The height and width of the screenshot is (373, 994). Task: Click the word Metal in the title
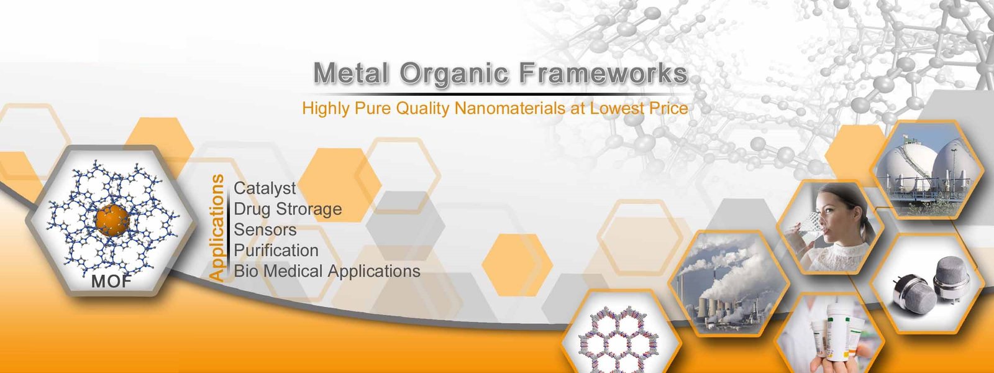pyautogui.click(x=351, y=73)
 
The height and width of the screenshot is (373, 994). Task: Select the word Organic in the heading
pyautogui.click(x=454, y=74)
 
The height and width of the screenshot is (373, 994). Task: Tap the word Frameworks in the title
pyautogui.click(x=603, y=73)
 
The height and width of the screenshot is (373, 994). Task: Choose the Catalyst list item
pyautogui.click(x=265, y=188)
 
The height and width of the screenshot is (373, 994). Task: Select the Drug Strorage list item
pyautogui.click(x=288, y=209)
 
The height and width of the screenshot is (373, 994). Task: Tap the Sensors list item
pyautogui.click(x=265, y=230)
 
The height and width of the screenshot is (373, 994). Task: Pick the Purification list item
pyautogui.click(x=276, y=251)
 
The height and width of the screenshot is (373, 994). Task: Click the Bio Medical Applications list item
pyautogui.click(x=327, y=271)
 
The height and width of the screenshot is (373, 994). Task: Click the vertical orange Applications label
pyautogui.click(x=216, y=228)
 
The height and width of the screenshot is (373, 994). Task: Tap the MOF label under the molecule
pyautogui.click(x=111, y=282)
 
